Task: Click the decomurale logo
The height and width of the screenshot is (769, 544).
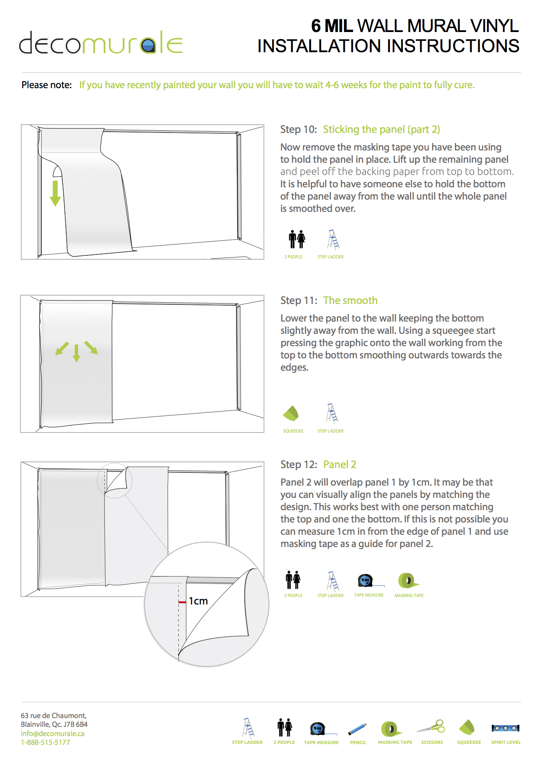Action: tap(100, 43)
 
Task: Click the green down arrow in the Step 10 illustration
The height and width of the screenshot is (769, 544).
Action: tap(55, 193)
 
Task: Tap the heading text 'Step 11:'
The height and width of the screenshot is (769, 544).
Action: tap(298, 300)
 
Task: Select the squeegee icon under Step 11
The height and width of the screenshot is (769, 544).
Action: tap(291, 413)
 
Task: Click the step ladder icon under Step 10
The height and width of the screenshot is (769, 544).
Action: tap(333, 240)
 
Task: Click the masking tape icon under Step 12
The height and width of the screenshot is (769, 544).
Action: tap(408, 580)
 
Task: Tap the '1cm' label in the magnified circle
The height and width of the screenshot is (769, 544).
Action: tap(198, 601)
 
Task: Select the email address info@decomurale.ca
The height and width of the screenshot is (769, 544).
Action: tap(53, 733)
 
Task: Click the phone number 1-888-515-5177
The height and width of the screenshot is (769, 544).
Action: tap(45, 742)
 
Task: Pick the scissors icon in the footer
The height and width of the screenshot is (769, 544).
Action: tap(431, 727)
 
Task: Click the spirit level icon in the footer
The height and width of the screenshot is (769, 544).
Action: tap(505, 728)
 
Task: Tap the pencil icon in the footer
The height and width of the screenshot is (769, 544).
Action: tap(357, 729)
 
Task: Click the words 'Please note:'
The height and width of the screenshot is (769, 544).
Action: tap(47, 85)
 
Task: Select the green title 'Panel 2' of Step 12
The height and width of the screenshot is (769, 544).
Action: tap(340, 465)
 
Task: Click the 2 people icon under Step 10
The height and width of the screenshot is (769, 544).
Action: tap(297, 240)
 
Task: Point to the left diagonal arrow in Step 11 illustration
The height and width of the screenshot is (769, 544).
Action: tap(62, 349)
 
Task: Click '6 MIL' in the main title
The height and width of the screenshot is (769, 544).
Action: tap(332, 26)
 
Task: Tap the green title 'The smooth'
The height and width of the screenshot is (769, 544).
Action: tap(350, 300)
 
